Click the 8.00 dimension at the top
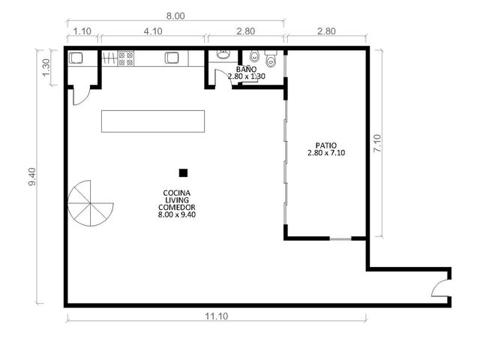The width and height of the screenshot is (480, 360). click(x=175, y=16)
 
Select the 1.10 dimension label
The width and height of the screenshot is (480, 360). click(x=82, y=31)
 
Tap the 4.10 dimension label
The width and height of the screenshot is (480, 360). click(x=153, y=31)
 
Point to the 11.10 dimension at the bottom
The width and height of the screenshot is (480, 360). click(x=217, y=316)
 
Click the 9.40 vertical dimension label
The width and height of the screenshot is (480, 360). click(x=32, y=177)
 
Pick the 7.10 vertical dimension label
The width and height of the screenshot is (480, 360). click(x=377, y=143)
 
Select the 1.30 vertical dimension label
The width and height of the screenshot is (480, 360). click(x=46, y=67)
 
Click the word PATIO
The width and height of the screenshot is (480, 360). click(x=326, y=145)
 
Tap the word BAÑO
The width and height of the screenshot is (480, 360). click(x=246, y=69)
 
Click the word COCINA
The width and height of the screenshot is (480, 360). click(x=177, y=193)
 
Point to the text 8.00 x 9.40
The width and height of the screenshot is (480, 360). click(x=177, y=214)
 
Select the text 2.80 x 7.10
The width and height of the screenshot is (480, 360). click(x=326, y=153)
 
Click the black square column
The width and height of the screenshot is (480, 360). click(x=183, y=173)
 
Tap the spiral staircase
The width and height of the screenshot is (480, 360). click(x=90, y=203)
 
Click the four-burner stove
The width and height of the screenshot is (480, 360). click(x=126, y=58)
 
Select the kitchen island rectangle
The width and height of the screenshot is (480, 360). click(x=153, y=121)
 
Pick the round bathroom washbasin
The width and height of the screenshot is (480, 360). click(x=223, y=54)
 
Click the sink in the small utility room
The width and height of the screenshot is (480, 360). click(x=76, y=58)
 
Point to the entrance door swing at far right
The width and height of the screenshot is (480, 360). click(x=440, y=288)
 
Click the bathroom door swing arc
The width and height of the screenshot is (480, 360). click(x=223, y=78)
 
